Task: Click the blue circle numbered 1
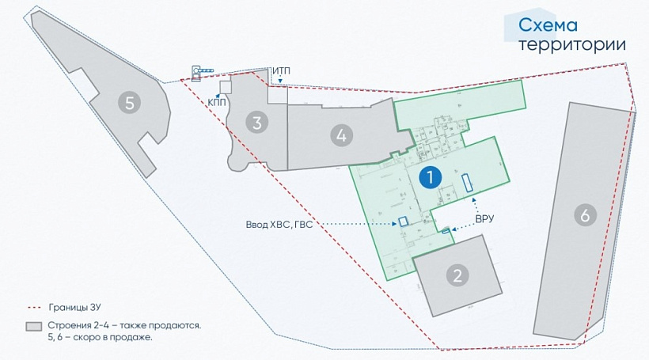pos(430,178)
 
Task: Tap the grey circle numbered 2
pos(457,275)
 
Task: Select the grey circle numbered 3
pos(256,122)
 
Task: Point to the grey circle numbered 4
pos(341,135)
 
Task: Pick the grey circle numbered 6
pos(584,214)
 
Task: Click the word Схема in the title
pos(548,25)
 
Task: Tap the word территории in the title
pos(571,44)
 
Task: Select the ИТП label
pos(281,71)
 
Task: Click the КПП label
pos(216,101)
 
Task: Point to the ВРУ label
pos(484,219)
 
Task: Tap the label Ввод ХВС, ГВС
pos(279,224)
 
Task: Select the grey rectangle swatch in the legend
pos(32,326)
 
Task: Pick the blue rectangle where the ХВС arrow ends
pos(403,222)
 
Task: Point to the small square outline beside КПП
pos(226,86)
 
